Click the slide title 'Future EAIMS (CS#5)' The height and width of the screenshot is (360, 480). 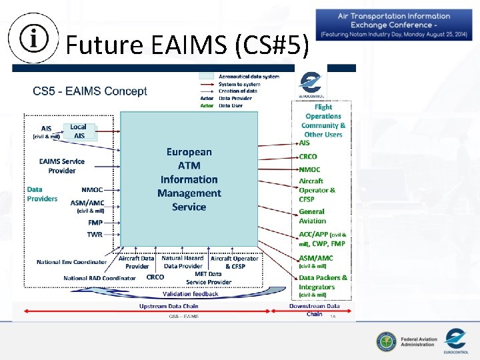pos(187,45)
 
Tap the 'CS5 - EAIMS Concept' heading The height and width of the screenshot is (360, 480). pos(90,91)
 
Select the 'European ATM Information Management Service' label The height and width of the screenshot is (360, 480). pos(189,179)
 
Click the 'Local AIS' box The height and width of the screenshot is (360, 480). pos(79,131)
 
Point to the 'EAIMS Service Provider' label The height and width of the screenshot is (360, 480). pos(62,165)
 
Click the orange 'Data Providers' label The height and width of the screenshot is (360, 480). pos(42,194)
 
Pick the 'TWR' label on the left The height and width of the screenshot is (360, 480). pos(95,234)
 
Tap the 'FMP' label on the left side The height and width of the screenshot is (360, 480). pos(95,222)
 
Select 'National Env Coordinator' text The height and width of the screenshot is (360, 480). pos(71,262)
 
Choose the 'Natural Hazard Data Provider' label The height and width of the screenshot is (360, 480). pos(182,262)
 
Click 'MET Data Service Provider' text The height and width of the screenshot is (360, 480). pos(209,277)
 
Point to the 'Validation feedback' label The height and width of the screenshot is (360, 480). pos(190,294)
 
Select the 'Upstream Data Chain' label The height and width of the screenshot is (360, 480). pos(169,306)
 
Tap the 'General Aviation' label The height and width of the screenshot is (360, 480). pos(312,216)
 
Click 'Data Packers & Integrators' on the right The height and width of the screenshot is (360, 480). pos(323,282)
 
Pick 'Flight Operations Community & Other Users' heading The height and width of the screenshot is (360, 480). pos(323,121)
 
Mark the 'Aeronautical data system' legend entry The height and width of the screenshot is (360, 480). pos(249,77)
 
